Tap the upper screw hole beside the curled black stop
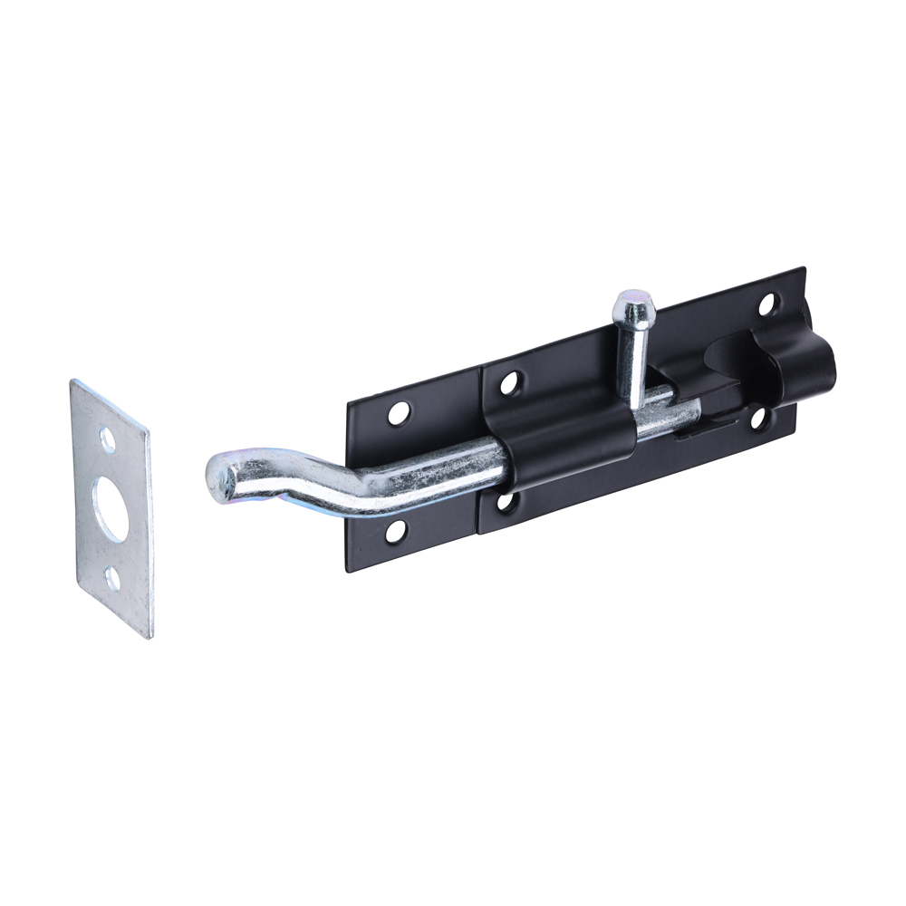(766, 304)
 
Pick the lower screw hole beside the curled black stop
(758, 418)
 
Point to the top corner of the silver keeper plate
(73, 381)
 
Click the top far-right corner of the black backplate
(804, 269)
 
